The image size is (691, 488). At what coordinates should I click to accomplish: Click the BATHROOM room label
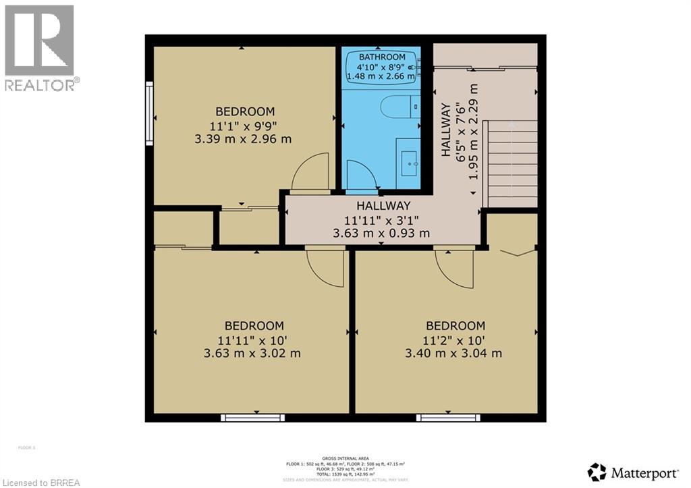click(382, 57)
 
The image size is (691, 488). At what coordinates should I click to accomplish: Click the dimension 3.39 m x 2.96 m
click(245, 140)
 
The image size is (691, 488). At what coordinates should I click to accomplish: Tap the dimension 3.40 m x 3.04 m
click(454, 353)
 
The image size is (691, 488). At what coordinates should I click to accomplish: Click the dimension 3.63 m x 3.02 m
click(252, 353)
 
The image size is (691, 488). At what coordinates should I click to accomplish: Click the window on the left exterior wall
click(149, 113)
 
